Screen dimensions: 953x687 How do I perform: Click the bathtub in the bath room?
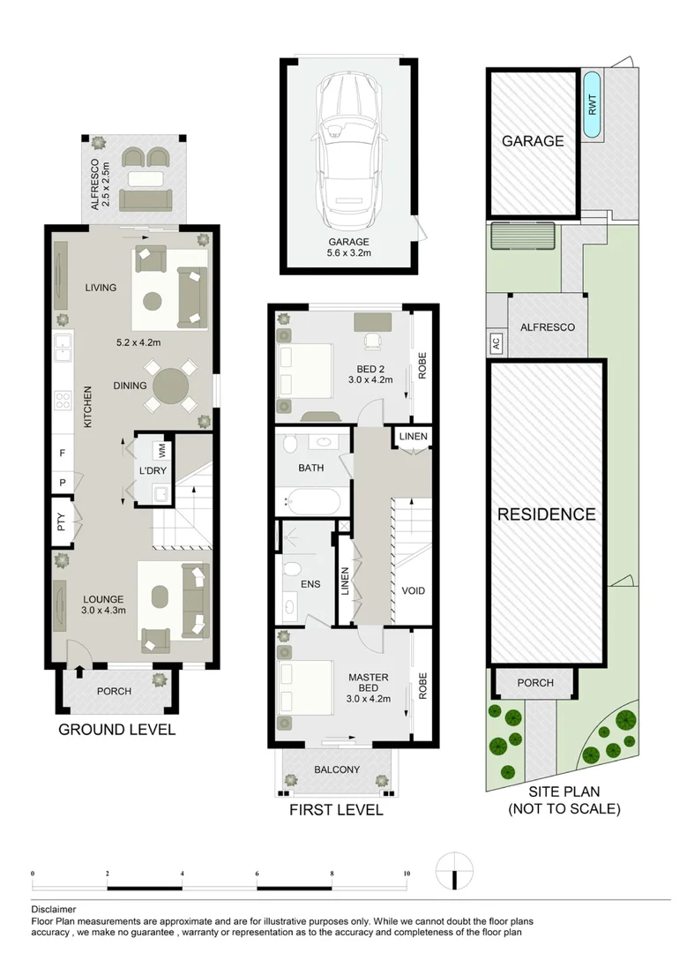pyautogui.click(x=310, y=503)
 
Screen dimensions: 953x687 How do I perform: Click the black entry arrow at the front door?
pyautogui.click(x=78, y=672)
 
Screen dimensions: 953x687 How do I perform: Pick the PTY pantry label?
pyautogui.click(x=61, y=522)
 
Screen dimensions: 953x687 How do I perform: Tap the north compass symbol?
pyautogui.click(x=454, y=873)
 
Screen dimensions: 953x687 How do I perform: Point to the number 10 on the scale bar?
pyautogui.click(x=406, y=874)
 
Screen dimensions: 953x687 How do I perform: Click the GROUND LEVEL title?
pyautogui.click(x=116, y=730)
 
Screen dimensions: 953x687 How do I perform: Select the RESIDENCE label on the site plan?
pyautogui.click(x=546, y=514)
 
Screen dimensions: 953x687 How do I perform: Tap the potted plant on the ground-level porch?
pyautogui.click(x=160, y=679)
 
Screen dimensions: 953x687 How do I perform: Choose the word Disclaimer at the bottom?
pyautogui.click(x=54, y=909)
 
